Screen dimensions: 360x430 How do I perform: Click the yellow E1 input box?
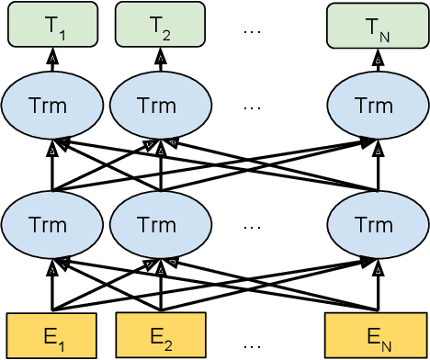52,335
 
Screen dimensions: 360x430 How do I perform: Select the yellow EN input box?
376,335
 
